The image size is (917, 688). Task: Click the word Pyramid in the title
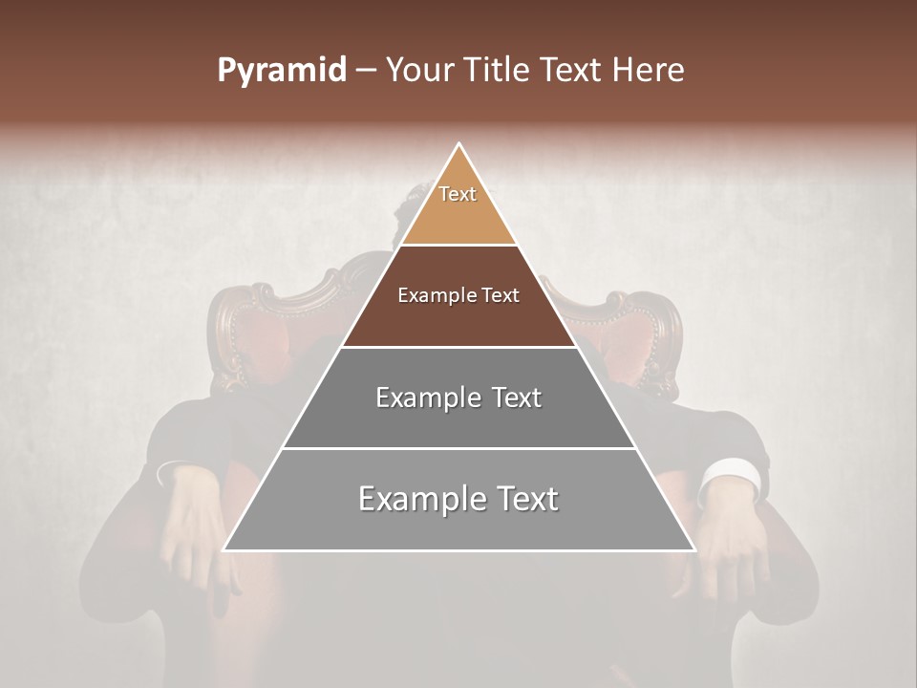click(x=281, y=71)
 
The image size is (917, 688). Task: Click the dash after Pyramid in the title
click(x=366, y=72)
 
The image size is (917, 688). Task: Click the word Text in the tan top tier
click(x=458, y=194)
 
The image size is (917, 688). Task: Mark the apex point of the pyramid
click(x=459, y=144)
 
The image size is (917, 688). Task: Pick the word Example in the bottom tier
click(x=419, y=499)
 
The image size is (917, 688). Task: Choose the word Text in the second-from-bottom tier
click(x=510, y=398)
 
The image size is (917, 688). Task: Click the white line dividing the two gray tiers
click(x=459, y=448)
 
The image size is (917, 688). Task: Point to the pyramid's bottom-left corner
click(x=224, y=550)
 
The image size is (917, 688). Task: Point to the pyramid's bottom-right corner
click(x=694, y=550)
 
